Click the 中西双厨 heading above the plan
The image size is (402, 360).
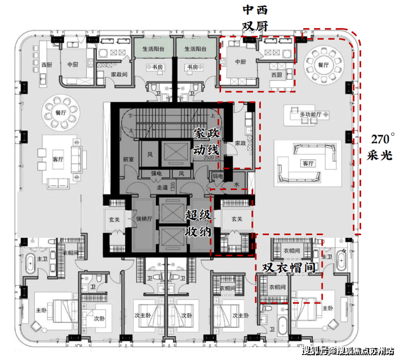tap(255, 18)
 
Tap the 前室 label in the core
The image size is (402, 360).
tap(128, 160)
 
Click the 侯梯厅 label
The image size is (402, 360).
tap(143, 219)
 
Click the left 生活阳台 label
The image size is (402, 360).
tap(153, 49)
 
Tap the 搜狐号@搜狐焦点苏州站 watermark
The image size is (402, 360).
tap(348, 350)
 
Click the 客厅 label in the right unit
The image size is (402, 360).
tap(309, 163)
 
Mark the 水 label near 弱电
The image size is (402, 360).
tap(237, 184)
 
